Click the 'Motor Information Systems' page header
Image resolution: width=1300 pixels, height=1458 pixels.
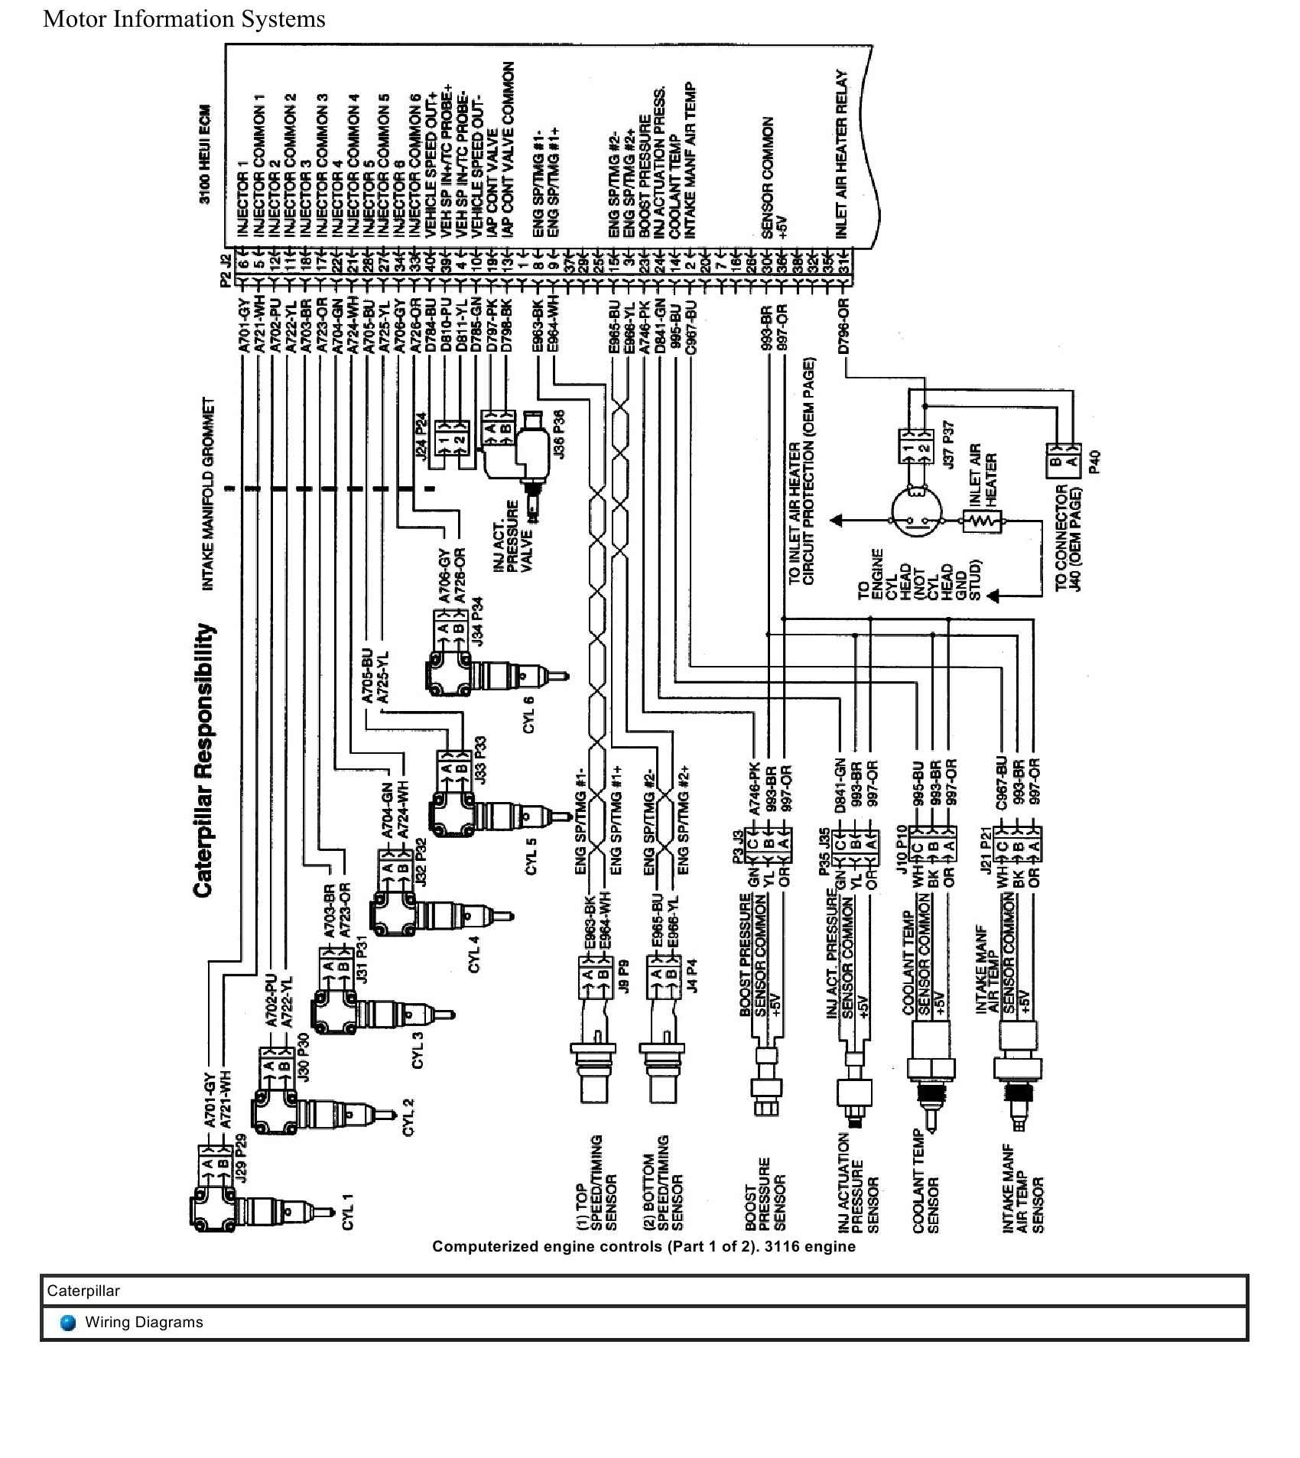[184, 19]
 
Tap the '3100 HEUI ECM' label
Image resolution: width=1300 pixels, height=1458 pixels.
[204, 154]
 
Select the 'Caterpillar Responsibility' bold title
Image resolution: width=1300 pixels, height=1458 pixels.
[203, 760]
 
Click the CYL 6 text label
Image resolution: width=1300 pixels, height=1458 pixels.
[528, 715]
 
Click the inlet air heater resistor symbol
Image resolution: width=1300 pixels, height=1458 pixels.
[982, 521]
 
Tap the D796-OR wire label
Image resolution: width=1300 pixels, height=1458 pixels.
[843, 328]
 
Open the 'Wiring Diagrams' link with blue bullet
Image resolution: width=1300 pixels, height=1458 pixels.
[144, 1322]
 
